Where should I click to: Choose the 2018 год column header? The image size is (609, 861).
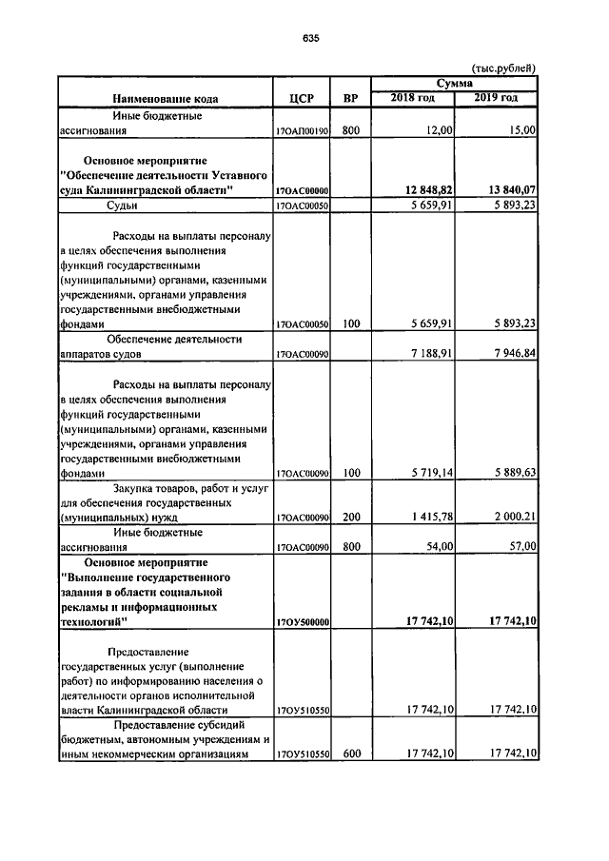(412, 98)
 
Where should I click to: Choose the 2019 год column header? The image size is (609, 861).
(496, 98)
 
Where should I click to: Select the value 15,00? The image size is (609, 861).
(521, 131)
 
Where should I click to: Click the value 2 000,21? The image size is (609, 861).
(510, 517)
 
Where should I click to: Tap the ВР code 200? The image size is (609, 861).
(350, 517)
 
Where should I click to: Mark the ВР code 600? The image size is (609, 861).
(350, 753)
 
